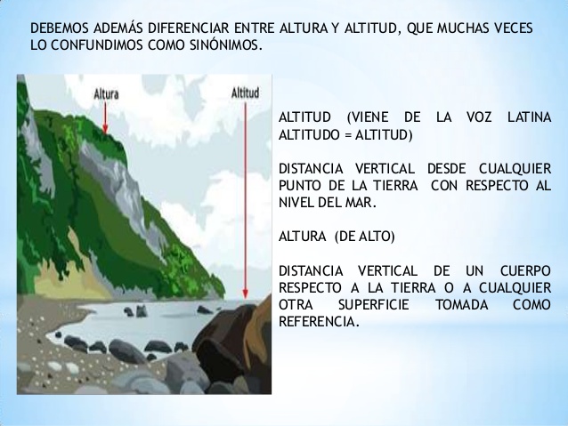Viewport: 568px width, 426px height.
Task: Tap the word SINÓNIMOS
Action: [x=223, y=45]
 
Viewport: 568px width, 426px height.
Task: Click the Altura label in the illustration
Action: [x=106, y=91]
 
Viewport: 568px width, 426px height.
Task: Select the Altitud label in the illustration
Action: [x=245, y=91]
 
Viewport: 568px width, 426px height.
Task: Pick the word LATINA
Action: [x=528, y=119]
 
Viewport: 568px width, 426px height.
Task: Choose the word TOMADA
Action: [x=459, y=304]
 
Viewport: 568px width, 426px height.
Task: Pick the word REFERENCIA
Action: [x=319, y=321]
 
